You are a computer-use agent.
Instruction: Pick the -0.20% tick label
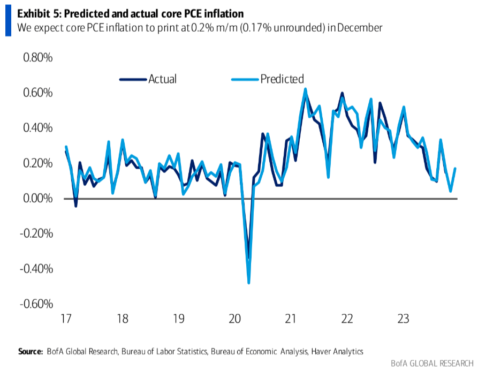click(x=36, y=233)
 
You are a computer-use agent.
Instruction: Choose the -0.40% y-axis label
click(x=36, y=269)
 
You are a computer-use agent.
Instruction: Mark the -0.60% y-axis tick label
click(x=36, y=304)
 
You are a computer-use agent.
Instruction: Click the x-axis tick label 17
click(x=66, y=320)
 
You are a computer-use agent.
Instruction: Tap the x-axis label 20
click(x=234, y=320)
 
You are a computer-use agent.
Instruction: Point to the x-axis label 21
click(x=291, y=320)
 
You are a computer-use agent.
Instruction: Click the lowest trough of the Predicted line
click(x=249, y=282)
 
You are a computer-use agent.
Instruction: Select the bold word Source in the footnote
click(x=30, y=352)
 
